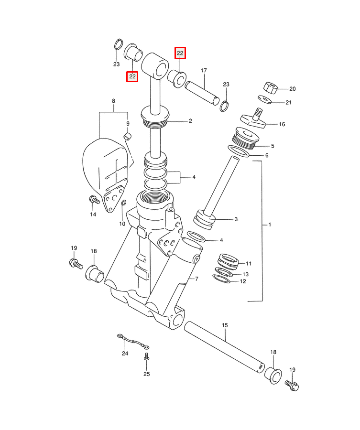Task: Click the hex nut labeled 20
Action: (x=271, y=88)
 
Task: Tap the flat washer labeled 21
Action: (x=265, y=99)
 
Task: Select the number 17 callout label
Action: (x=204, y=71)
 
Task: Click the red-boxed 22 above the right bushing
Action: (x=180, y=53)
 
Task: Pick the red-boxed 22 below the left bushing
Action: (x=132, y=76)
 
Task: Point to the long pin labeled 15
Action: (x=224, y=347)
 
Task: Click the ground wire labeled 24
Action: (x=133, y=342)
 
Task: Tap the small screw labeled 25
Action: (x=147, y=357)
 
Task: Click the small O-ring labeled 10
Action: (x=124, y=203)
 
